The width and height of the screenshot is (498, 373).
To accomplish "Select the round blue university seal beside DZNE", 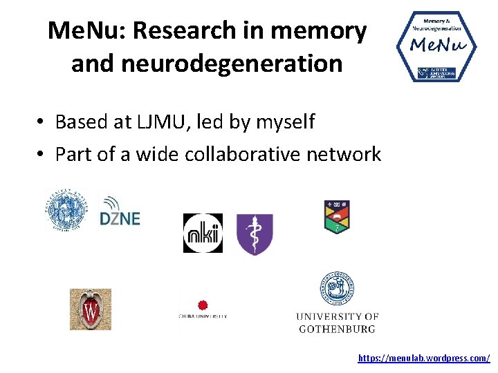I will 67,209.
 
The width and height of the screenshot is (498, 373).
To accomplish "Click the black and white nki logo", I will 203,233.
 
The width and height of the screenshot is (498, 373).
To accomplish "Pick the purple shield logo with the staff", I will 255,234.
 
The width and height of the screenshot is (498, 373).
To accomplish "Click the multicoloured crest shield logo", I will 338,217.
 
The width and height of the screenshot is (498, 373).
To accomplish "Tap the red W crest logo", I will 91,309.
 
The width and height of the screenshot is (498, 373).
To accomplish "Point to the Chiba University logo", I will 203,310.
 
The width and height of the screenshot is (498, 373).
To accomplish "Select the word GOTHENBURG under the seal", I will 338,329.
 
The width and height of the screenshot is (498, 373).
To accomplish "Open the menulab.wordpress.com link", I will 424,358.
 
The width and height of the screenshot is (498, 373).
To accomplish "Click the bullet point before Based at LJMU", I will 42,123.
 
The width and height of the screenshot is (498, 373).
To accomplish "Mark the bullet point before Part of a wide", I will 42,154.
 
